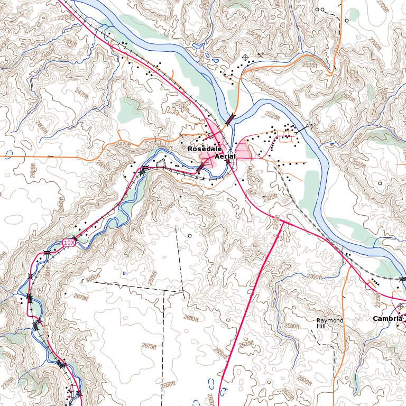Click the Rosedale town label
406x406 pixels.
click(200, 150)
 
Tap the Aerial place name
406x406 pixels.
click(225, 157)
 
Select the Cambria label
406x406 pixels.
click(387, 319)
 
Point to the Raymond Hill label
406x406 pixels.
click(330, 324)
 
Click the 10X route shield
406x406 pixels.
click(68, 242)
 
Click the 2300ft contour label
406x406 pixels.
click(314, 276)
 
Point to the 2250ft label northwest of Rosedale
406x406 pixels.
click(182, 106)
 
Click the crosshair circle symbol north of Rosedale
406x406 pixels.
click(245, 57)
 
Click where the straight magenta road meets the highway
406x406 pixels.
click(283, 221)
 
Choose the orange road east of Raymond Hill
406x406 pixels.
click(344, 296)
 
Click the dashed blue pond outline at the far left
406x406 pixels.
click(7, 155)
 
